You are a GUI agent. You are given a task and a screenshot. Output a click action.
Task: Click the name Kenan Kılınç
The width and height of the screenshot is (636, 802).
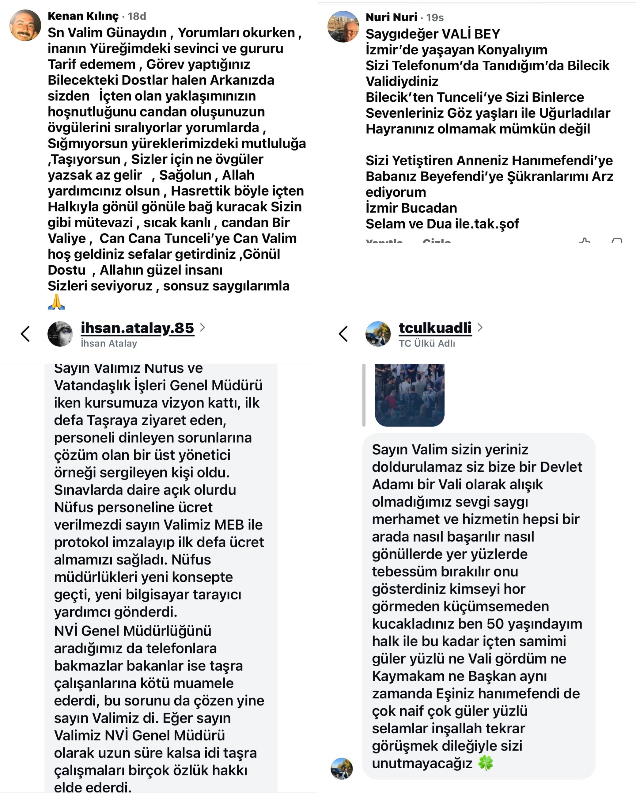[x=83, y=16]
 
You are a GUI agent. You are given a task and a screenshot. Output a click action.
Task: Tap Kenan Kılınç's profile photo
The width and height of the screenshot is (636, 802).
[x=25, y=25]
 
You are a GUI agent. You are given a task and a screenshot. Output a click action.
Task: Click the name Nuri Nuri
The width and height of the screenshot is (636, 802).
[x=391, y=17]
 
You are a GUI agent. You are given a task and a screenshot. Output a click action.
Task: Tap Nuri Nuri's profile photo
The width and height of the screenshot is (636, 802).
[x=343, y=26]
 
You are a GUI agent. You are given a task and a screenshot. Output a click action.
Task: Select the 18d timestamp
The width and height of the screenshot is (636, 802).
[x=137, y=16]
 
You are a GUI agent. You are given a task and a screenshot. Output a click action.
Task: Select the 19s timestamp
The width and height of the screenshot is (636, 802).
[x=435, y=17]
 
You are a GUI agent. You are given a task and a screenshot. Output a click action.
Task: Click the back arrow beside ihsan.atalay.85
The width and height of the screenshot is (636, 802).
[x=25, y=334]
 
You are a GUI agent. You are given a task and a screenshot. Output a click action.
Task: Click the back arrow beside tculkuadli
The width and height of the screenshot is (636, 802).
[x=343, y=334]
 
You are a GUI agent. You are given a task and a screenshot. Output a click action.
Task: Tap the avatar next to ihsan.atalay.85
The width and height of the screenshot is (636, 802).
[x=60, y=334]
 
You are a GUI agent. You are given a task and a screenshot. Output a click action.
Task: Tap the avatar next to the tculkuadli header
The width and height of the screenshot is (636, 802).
[x=378, y=334]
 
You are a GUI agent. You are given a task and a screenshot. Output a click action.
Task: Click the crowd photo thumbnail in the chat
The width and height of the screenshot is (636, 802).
[x=410, y=395]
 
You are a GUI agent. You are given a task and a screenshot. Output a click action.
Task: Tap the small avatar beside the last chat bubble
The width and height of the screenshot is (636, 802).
[x=341, y=769]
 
